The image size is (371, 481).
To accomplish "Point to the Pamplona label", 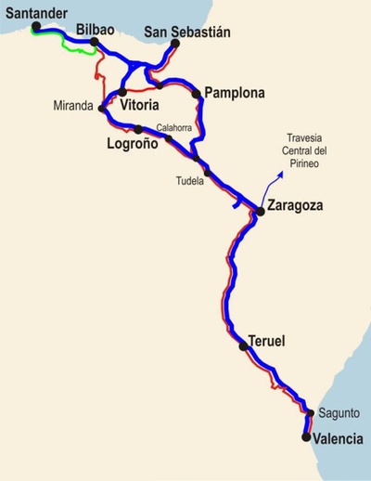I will coord(235,93).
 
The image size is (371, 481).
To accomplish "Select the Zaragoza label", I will coord(294,206).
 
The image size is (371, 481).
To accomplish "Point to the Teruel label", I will coord(267,342).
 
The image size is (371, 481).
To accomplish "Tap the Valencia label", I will coord(338,439).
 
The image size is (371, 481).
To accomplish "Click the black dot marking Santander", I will coord(35,27).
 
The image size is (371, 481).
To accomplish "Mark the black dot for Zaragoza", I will coord(261,212).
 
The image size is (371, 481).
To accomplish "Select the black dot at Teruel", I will coord(243,346).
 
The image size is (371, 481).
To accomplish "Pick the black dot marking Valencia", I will coord(307,434).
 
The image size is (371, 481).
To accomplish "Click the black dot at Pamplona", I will coord(197,93).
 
